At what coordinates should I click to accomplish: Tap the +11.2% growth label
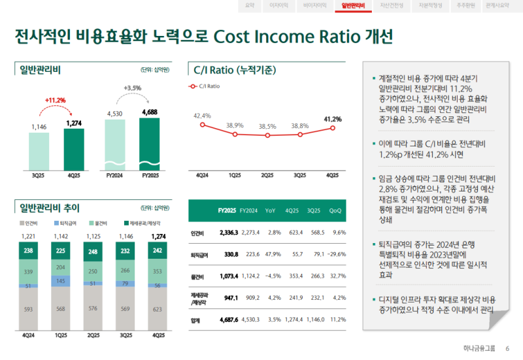tap(56, 100)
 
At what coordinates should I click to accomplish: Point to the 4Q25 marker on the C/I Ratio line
tap(333, 128)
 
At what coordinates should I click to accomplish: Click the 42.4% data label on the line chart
tap(203, 116)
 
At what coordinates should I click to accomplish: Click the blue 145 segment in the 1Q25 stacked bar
tap(61, 280)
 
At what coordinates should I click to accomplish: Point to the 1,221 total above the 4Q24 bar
tap(28, 237)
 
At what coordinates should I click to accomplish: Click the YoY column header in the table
tap(271, 210)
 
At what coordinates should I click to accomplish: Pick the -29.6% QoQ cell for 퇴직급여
tap(336, 255)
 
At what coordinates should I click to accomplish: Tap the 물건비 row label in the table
tap(197, 276)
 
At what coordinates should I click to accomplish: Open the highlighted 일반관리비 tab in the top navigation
tap(348, 5)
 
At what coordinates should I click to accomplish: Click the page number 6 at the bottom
tap(507, 348)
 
